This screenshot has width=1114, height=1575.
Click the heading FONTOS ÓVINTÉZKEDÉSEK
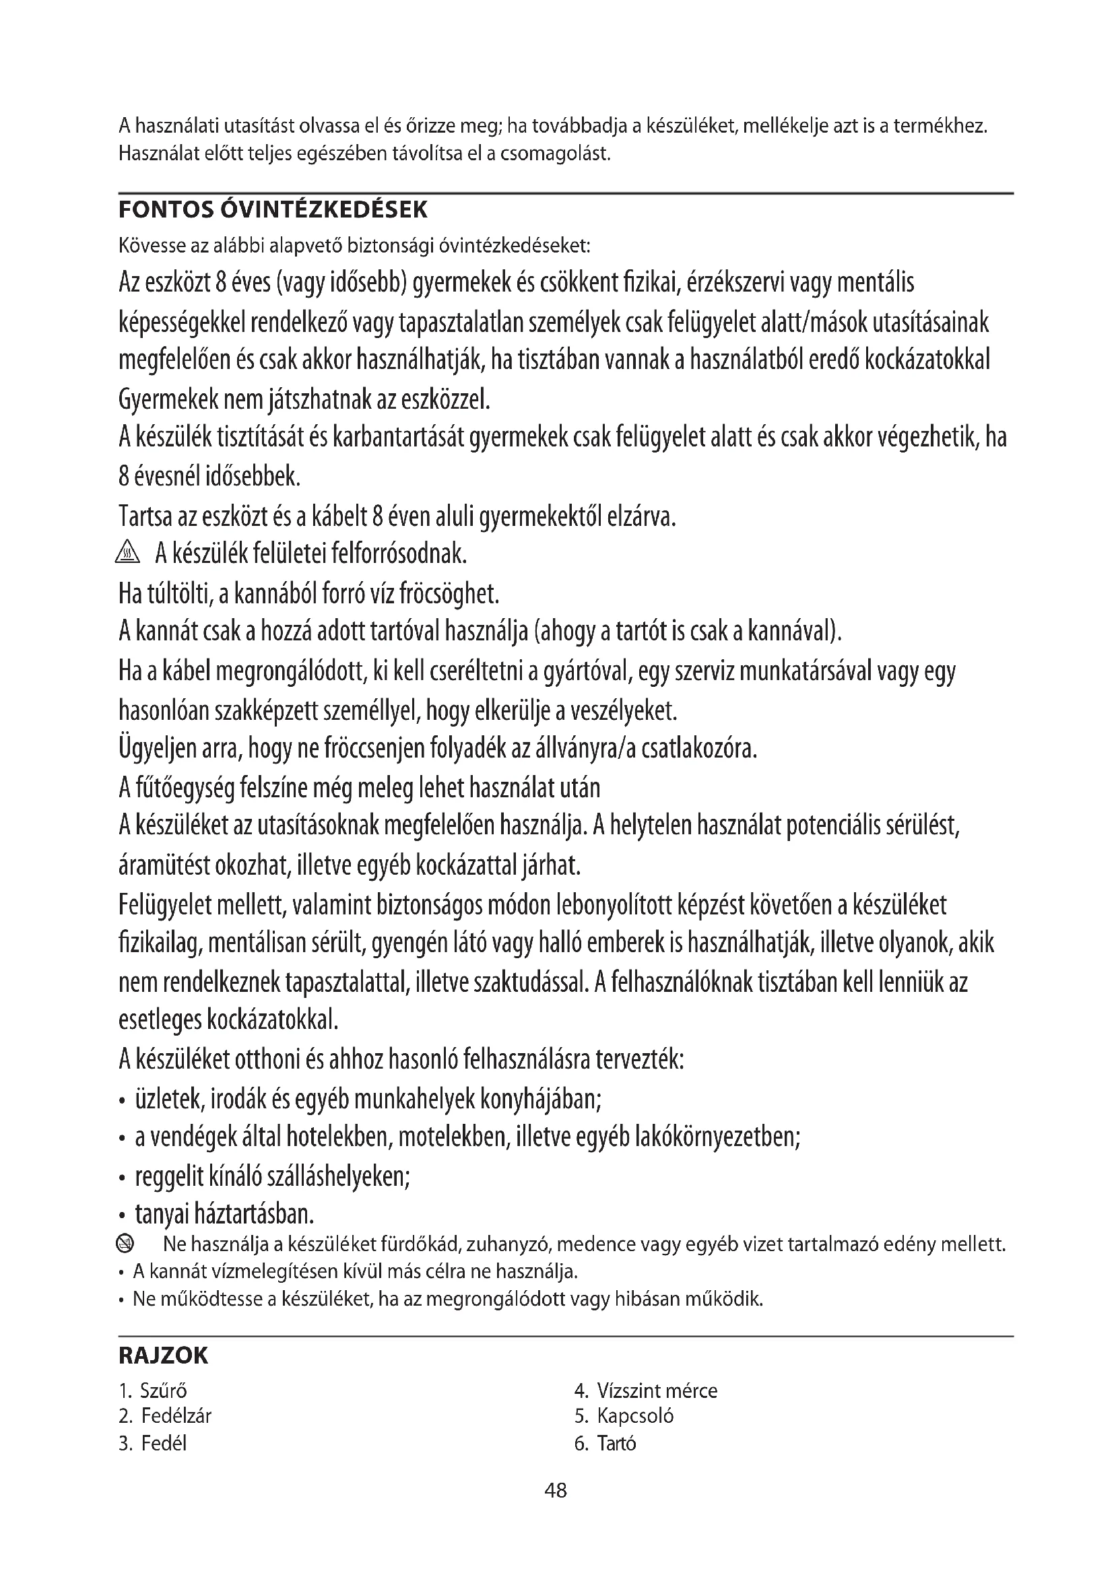[x=273, y=210]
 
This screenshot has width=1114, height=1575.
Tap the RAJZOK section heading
[x=163, y=1356]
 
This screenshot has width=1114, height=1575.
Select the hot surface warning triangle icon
[x=128, y=552]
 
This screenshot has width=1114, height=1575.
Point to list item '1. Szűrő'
[x=153, y=1391]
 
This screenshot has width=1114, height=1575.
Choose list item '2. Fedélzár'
[x=165, y=1416]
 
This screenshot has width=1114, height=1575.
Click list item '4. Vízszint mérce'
[x=646, y=1391]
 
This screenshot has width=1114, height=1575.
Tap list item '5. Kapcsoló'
[x=624, y=1416]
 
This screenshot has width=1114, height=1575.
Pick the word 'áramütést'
[x=164, y=866]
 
